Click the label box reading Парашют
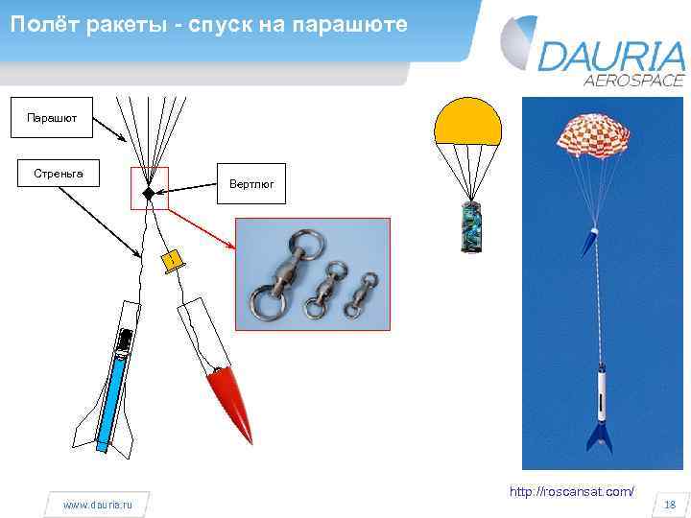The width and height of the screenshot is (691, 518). pyautogui.click(x=45, y=118)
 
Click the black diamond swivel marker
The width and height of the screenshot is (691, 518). pyautogui.click(x=149, y=193)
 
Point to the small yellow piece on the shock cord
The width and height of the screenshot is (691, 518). pyautogui.click(x=170, y=262)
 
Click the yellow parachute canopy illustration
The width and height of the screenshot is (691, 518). pyautogui.click(x=467, y=123)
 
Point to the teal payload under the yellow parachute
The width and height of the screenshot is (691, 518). pyautogui.click(x=470, y=227)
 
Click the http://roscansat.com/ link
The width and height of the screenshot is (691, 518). pyautogui.click(x=571, y=492)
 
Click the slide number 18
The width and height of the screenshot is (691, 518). pyautogui.click(x=670, y=505)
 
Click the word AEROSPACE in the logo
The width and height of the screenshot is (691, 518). pyautogui.click(x=634, y=81)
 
